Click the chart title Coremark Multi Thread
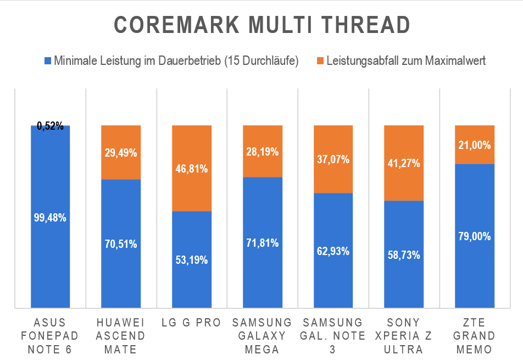pyautogui.click(x=261, y=25)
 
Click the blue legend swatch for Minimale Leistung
pyautogui.click(x=48, y=60)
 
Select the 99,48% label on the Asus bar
pyautogui.click(x=51, y=218)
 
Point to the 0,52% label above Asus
pyautogui.click(x=51, y=126)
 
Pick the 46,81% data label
pyautogui.click(x=192, y=169)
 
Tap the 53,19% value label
pyautogui.click(x=192, y=260)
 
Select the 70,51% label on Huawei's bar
pyautogui.click(x=121, y=244)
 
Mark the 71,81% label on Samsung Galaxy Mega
pyautogui.click(x=263, y=243)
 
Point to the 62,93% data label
pyautogui.click(x=333, y=251)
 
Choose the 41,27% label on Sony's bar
pyautogui.click(x=404, y=163)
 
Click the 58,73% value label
pyautogui.click(x=404, y=255)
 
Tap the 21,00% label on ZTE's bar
pyautogui.click(x=475, y=145)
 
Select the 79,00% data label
pyautogui.click(x=475, y=237)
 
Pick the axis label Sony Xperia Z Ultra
pyautogui.click(x=404, y=336)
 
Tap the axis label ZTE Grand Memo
pyautogui.click(x=475, y=336)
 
